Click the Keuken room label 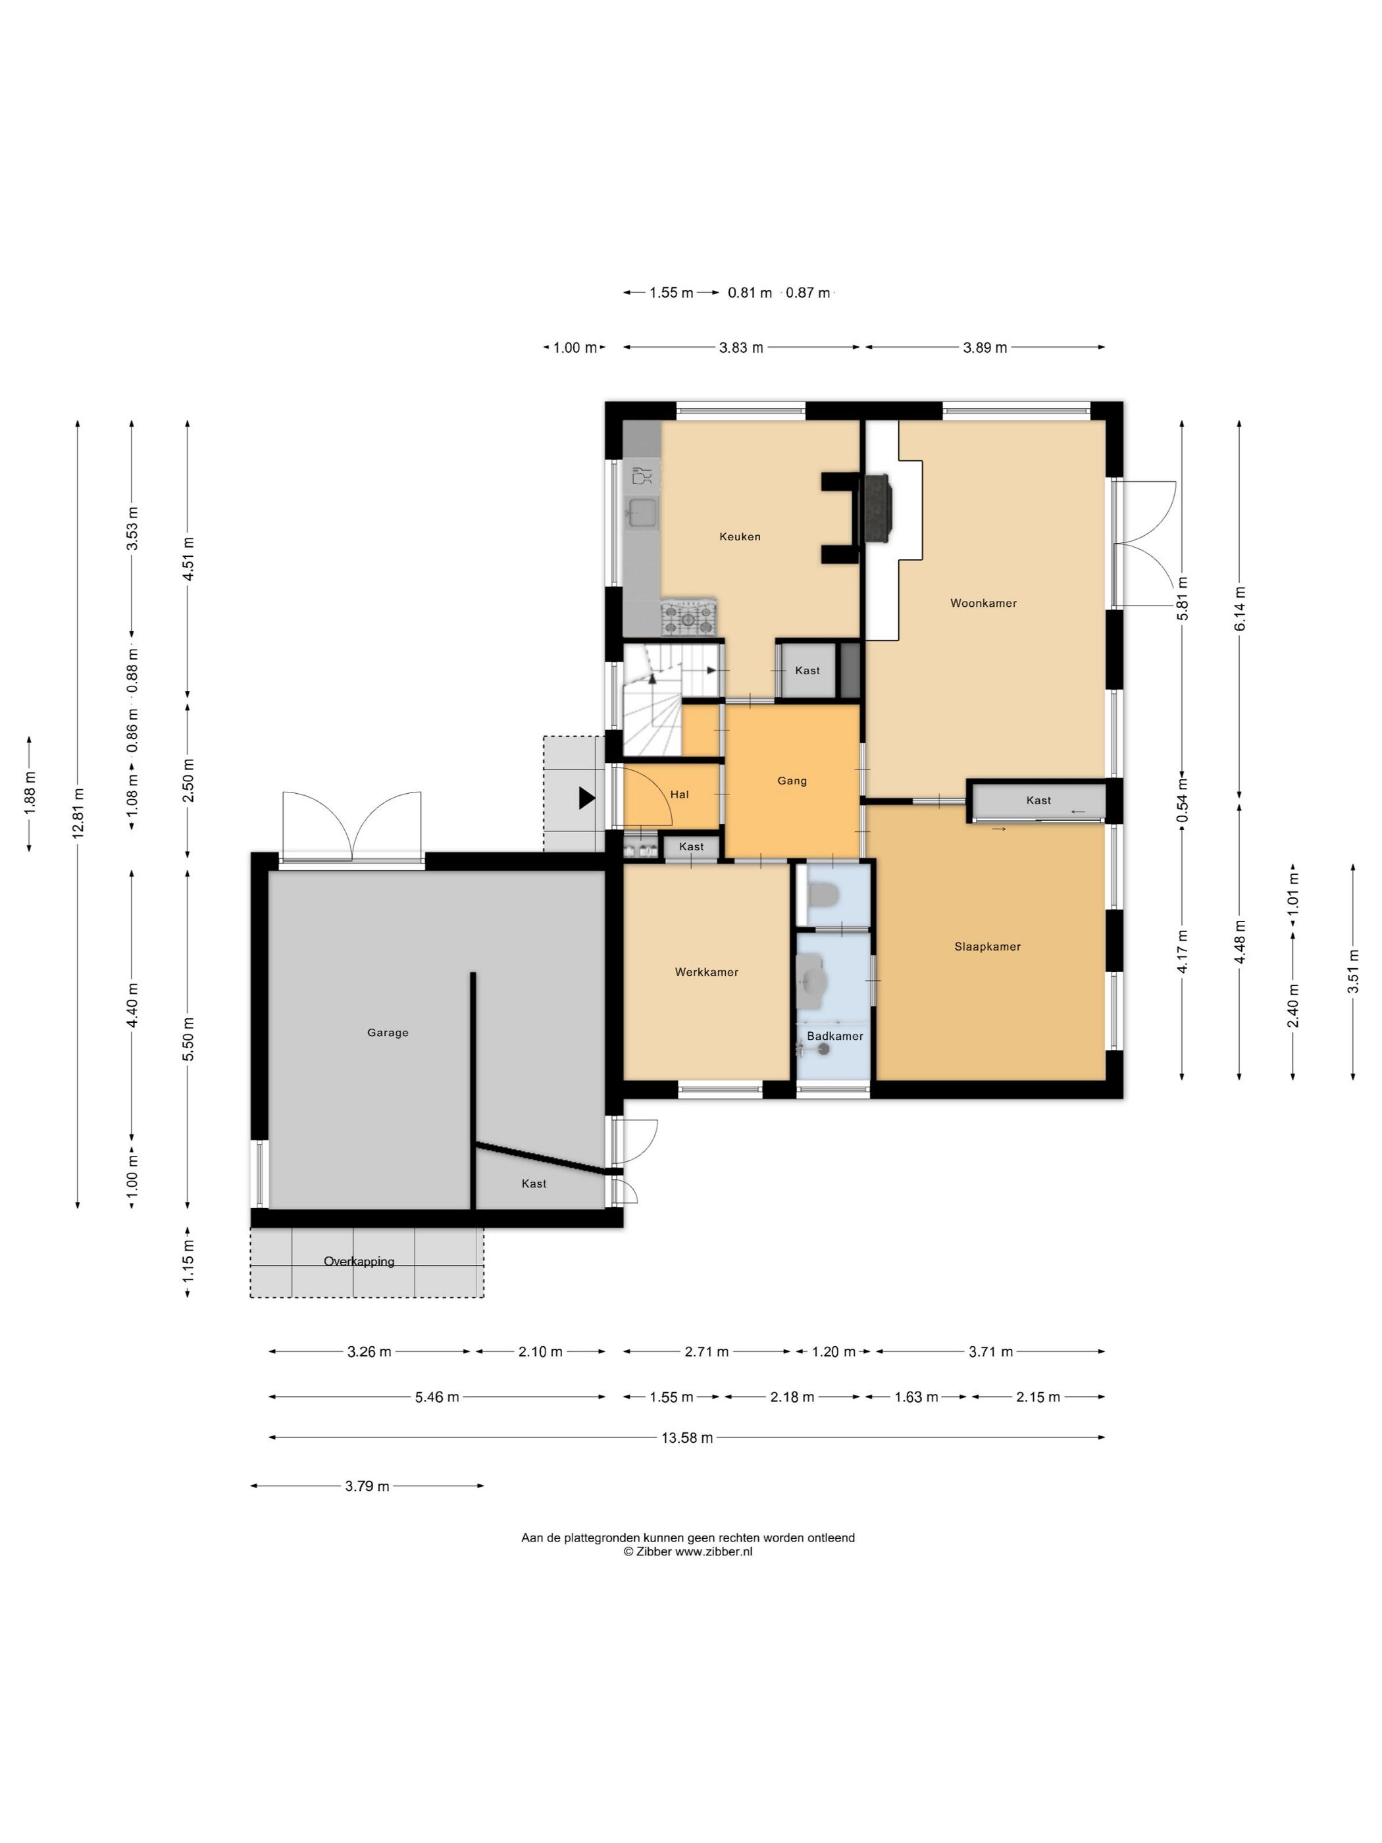click(x=740, y=536)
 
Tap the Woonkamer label click(x=983, y=603)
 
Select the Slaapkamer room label click(x=987, y=947)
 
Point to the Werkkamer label click(x=706, y=972)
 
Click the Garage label click(x=388, y=1032)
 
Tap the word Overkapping click(x=359, y=1261)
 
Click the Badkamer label click(x=834, y=1035)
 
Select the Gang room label click(x=792, y=781)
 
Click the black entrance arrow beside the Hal click(x=587, y=798)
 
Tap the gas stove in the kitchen click(x=689, y=617)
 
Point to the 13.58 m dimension click(x=687, y=1438)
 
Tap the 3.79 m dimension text click(x=367, y=1486)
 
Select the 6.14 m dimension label click(x=1240, y=608)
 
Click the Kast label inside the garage click(x=534, y=1183)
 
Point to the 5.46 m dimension click(x=436, y=1397)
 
